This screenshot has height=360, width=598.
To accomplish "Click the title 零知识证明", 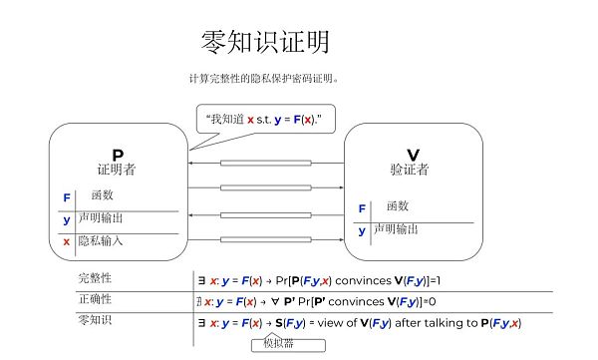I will click(264, 42).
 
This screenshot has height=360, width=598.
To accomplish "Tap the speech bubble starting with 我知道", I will click(264, 119).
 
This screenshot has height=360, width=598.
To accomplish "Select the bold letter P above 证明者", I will click(118, 155).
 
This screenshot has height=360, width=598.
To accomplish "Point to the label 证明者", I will click(118, 170).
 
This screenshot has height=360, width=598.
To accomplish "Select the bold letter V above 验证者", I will click(413, 155).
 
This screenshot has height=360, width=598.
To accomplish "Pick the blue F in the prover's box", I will click(67, 197).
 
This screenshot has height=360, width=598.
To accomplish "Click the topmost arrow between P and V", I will click(266, 163).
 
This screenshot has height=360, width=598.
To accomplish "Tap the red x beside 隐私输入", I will click(67, 241).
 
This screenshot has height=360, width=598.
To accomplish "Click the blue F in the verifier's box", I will click(362, 208).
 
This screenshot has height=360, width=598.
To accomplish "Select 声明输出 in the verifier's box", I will click(398, 229).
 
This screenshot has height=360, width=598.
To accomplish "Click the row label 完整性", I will click(95, 278).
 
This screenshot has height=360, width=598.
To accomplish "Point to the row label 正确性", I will click(95, 299).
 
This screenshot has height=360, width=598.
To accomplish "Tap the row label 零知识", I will click(95, 320).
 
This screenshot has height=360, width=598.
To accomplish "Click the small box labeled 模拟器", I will click(279, 344).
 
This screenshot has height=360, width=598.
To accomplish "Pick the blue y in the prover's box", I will click(67, 219).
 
